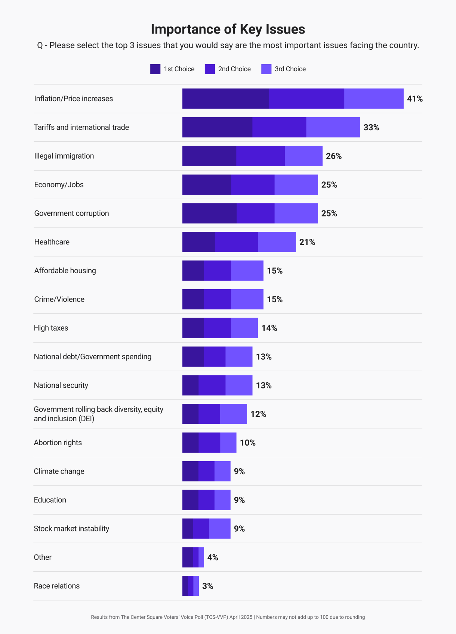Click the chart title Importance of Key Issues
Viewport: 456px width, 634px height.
point(228,29)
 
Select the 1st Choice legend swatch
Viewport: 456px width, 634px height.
point(155,69)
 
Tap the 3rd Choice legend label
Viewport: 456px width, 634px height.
point(290,69)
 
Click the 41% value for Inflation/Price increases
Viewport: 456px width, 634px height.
point(415,99)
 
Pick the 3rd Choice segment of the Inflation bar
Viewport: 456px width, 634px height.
point(374,99)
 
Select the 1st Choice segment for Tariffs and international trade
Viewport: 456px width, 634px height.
point(217,128)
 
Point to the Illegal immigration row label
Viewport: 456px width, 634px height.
point(64,156)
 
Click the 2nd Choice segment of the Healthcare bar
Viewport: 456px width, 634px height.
point(236,242)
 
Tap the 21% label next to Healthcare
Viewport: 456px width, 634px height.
point(307,242)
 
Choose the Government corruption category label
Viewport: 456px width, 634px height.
point(71,213)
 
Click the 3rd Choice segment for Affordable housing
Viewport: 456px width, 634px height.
point(247,271)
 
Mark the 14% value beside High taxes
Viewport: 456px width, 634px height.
point(269,328)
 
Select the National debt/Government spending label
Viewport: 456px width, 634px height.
point(93,357)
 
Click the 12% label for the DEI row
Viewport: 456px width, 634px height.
point(258,414)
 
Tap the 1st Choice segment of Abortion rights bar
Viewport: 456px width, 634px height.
point(190,443)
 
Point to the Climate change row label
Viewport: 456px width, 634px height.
point(59,471)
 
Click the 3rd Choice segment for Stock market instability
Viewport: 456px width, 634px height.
point(220,529)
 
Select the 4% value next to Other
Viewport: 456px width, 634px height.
point(213,558)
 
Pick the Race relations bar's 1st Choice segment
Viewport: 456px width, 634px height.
point(185,586)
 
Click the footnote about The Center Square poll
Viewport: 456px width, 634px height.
point(228,617)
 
